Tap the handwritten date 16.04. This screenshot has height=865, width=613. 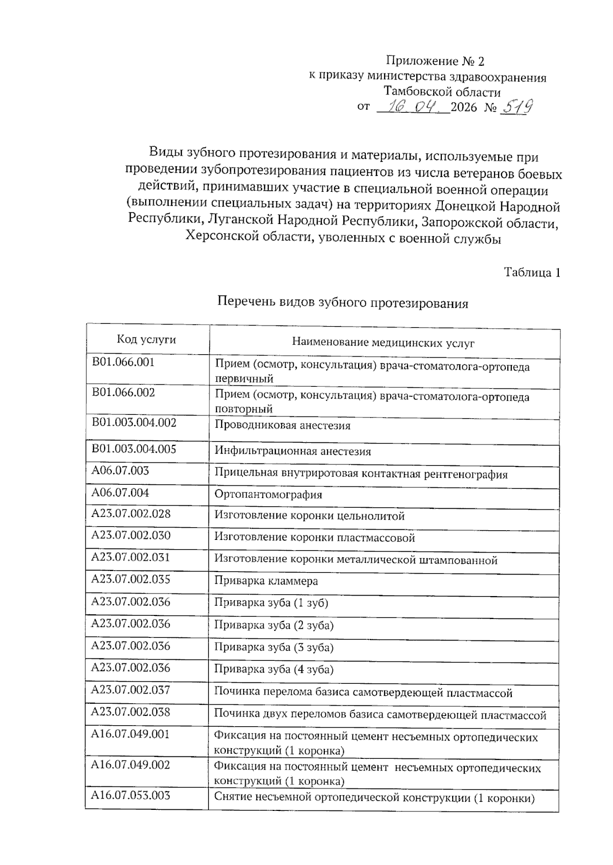coord(413,107)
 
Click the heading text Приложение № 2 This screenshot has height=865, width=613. coord(435,61)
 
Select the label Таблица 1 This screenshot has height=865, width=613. coord(532,272)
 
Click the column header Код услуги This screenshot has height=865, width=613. coord(146,339)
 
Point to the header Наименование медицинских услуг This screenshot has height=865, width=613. coord(383,342)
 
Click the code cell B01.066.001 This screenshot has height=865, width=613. coord(123,362)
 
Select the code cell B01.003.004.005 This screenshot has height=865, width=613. coord(134,449)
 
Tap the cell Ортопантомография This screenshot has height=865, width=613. coord(268,495)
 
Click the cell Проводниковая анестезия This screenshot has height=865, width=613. coord(282,426)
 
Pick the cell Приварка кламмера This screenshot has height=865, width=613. coord(266,581)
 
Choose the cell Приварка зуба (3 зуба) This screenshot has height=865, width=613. coord(273,647)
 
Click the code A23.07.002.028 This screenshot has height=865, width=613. coord(131,513)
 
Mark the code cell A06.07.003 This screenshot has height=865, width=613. coord(120,471)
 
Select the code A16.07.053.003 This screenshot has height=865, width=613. coord(130,795)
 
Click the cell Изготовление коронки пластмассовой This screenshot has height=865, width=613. coord(314,537)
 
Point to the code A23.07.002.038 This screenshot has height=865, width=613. coord(130,712)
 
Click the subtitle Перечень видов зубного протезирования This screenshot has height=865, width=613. coord(343,303)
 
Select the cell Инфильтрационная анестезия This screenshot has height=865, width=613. coord(293,451)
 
